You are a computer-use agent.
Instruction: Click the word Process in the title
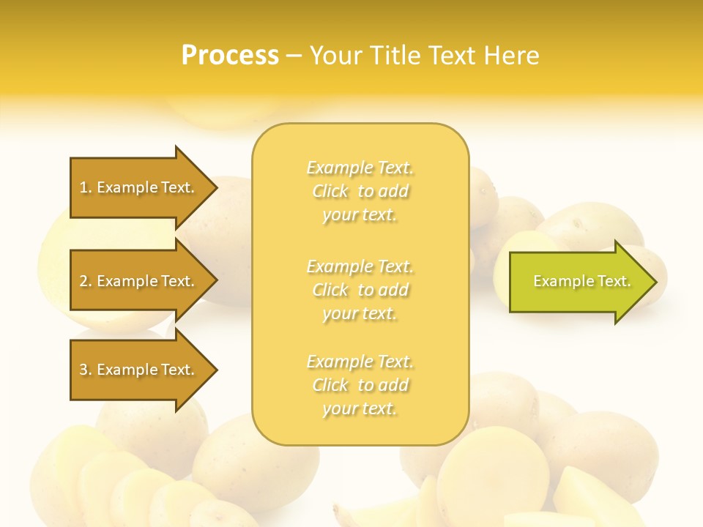click(230, 56)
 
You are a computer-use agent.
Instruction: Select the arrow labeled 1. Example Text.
click(139, 187)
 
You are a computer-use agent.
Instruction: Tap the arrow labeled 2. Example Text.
click(139, 281)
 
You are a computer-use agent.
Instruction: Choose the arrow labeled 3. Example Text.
click(139, 370)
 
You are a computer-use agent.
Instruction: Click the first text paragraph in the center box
click(360, 191)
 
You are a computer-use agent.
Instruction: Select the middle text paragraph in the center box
click(360, 290)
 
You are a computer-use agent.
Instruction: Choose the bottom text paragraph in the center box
click(360, 385)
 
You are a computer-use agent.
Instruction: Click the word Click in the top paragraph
click(330, 192)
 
